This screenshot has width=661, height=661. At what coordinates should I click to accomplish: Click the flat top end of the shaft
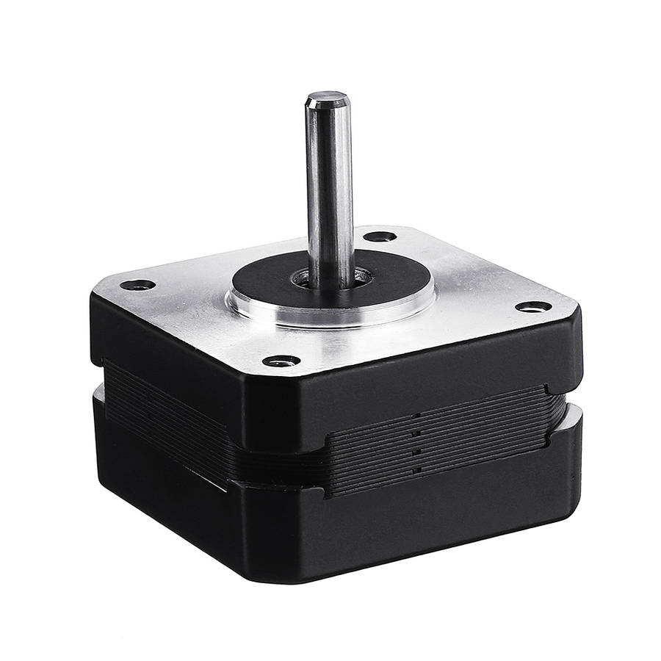(x=327, y=97)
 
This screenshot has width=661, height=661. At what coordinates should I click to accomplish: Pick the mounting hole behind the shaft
(x=380, y=236)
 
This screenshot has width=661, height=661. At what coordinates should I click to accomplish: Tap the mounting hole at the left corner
(x=137, y=284)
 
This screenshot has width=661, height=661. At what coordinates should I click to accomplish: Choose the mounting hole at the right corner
(x=533, y=306)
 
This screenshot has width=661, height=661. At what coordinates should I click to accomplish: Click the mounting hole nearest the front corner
(x=281, y=361)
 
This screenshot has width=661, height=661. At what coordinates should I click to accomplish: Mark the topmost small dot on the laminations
(x=416, y=416)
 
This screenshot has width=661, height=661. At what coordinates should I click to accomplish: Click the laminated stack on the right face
(x=441, y=444)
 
